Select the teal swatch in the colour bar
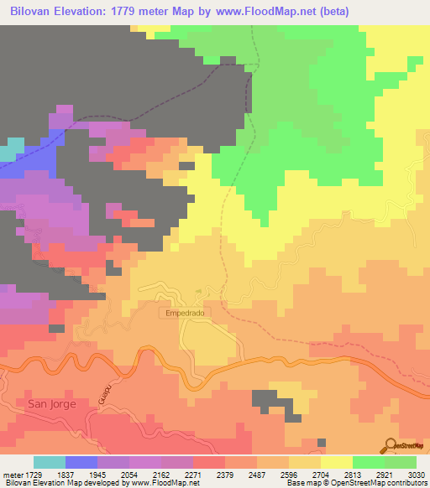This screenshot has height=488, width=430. click(50, 462)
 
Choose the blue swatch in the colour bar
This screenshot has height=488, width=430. click(81, 462)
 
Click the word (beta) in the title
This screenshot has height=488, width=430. click(331, 11)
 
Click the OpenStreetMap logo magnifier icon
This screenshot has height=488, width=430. click(391, 444)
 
